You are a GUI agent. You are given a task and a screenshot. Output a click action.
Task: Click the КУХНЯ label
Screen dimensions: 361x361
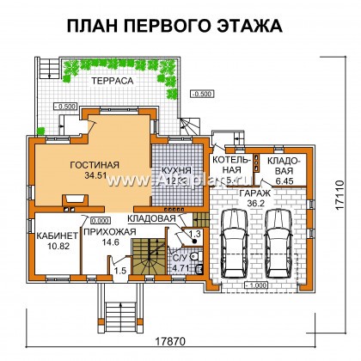[176, 171]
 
